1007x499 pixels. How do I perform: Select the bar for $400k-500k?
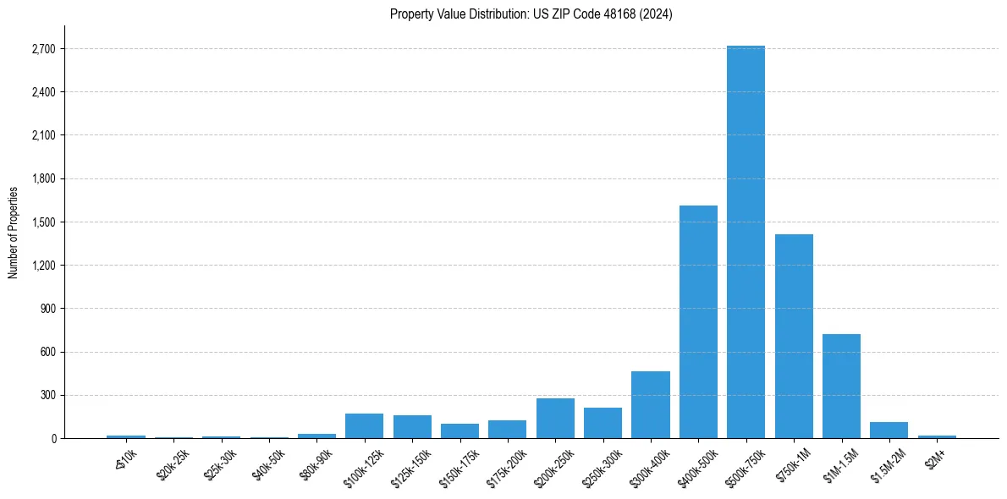(698, 321)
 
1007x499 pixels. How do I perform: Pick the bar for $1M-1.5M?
(841, 386)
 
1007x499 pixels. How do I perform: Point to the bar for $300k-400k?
(650, 404)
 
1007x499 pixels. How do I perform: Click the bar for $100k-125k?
(364, 425)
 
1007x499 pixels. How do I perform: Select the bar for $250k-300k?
(603, 423)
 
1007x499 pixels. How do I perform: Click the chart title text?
(531, 14)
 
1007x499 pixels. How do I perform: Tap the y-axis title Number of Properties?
(14, 232)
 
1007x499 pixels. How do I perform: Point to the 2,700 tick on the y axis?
(42, 49)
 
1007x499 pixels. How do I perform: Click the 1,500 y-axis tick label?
(42, 222)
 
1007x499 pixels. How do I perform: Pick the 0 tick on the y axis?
(53, 438)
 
